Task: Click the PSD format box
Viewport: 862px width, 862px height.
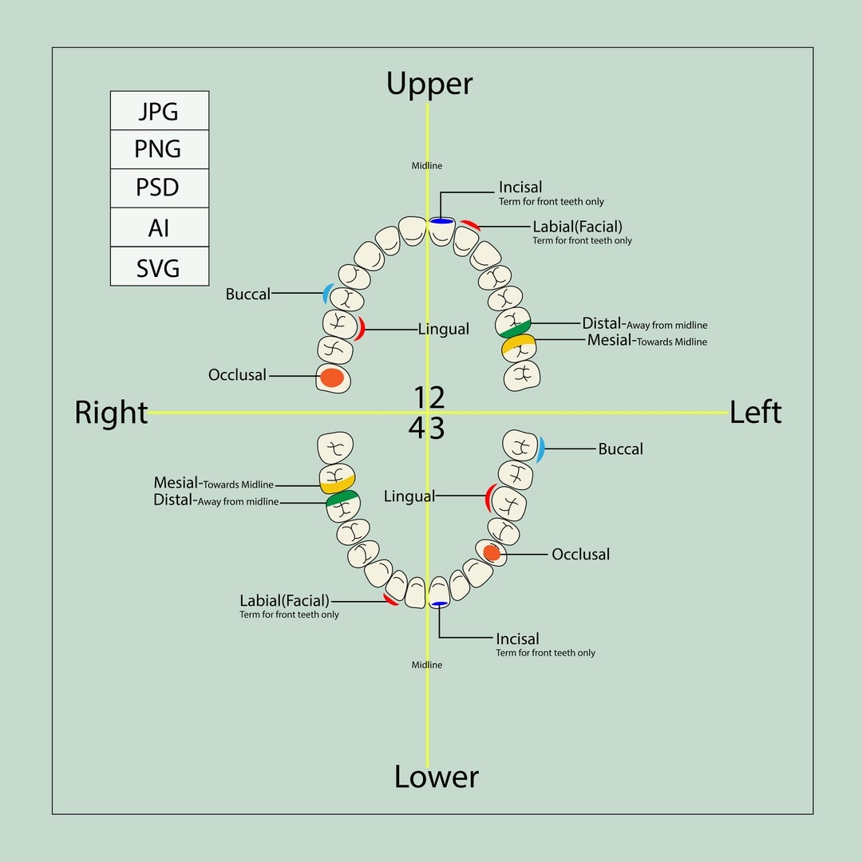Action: coord(159,188)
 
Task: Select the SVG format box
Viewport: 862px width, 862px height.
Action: coord(159,267)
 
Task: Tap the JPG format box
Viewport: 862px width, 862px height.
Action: coord(159,111)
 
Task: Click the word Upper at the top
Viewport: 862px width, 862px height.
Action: coord(429,84)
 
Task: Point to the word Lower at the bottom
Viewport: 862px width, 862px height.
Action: coord(437,777)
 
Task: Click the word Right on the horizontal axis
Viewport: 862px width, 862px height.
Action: coord(111,413)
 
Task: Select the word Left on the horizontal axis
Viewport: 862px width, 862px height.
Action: coord(755,412)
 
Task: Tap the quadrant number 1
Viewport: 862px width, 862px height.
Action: coord(421,397)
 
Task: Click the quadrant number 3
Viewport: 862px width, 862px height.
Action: coord(437,429)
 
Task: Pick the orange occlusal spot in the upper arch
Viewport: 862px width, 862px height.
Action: coord(332,377)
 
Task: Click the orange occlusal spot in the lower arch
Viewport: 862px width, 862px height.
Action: coord(492,552)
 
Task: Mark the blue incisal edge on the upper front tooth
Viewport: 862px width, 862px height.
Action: coord(441,220)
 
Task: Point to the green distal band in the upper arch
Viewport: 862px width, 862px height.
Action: coord(515,327)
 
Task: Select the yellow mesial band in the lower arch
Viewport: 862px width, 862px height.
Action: coord(337,484)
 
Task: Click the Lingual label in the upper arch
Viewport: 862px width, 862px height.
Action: coord(443,329)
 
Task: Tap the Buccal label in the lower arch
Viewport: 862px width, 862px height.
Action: coord(620,449)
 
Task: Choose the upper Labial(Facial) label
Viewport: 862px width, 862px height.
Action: coord(577,227)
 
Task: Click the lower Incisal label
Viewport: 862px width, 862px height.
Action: coord(517,639)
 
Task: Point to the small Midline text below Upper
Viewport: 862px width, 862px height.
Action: coord(426,166)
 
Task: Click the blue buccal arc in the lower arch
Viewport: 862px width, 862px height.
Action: coord(540,449)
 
